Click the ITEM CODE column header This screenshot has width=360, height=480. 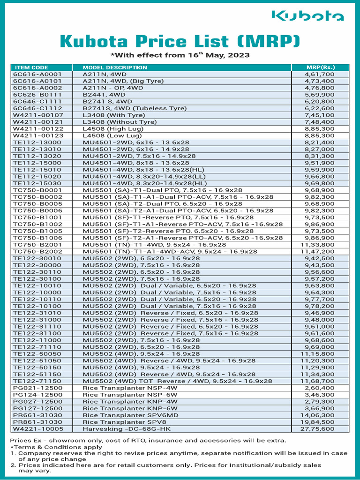tap(31, 67)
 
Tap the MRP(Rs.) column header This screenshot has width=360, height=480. tap(320, 67)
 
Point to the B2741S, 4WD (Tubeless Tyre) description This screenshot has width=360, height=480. tap(135, 108)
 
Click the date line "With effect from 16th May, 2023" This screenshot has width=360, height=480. tap(180, 55)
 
